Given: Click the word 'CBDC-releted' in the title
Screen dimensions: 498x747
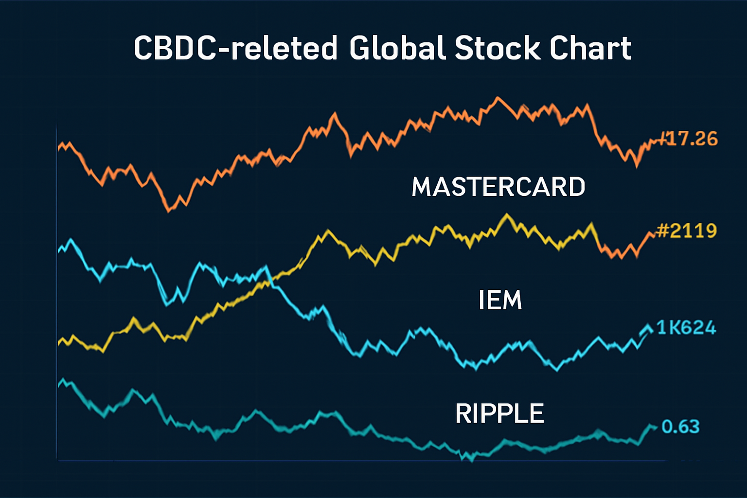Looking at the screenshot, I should click(x=235, y=48).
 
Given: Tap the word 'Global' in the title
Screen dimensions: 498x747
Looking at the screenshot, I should click(x=397, y=48).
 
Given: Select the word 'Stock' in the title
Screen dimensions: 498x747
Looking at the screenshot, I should click(x=497, y=48).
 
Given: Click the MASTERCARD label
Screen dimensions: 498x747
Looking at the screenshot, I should click(x=498, y=187).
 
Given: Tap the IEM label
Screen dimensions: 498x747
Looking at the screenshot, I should click(x=500, y=300).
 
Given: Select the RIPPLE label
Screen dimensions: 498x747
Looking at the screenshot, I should click(x=499, y=414).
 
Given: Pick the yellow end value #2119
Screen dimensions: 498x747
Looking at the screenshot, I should click(x=687, y=231).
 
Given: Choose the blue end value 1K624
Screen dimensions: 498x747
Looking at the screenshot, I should click(x=686, y=328).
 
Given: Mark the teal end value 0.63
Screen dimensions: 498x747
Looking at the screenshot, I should click(x=680, y=427).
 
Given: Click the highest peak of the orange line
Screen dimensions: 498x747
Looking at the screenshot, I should click(x=497, y=98).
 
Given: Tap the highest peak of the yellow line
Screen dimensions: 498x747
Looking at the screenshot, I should click(x=507, y=214).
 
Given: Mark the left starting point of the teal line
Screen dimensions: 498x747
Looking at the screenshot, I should click(x=59, y=385).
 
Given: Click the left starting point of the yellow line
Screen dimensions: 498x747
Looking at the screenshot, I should click(x=59, y=343).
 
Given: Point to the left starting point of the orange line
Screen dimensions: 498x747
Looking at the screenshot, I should click(x=59, y=147).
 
